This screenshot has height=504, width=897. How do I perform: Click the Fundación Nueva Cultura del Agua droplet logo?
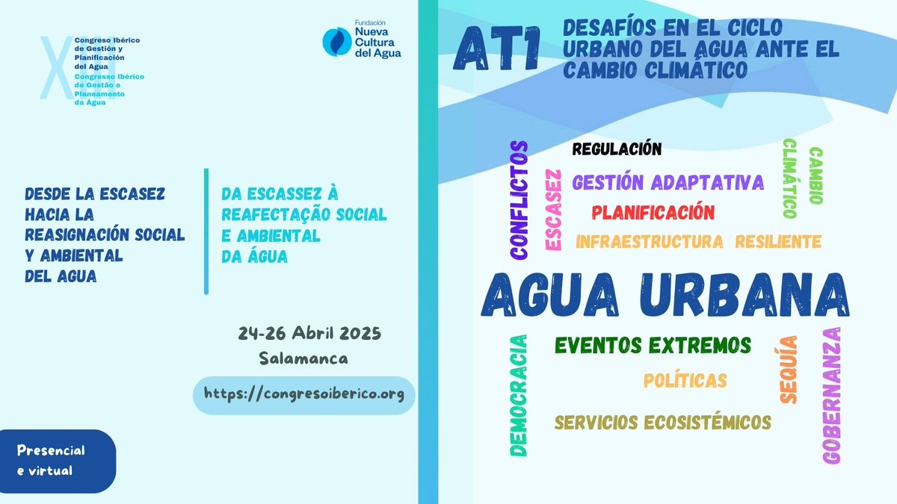pos(336,40)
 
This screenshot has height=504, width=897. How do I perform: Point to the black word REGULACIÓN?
pos(617,149)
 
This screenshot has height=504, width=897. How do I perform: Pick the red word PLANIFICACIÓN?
pos(653,212)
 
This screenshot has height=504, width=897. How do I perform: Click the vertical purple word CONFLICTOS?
pos(519,200)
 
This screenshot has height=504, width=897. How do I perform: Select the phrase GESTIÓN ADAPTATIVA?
pos(668,181)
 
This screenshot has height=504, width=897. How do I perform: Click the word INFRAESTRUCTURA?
pos(649,241)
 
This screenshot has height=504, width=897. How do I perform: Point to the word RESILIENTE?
pos(778,241)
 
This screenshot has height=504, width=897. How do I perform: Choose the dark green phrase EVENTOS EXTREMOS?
pos(653,345)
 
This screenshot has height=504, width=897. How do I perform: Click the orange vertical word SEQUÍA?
pos(789,370)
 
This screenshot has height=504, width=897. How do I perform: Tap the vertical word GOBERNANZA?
pos(830,396)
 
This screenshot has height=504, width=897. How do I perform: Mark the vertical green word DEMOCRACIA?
pos(518,395)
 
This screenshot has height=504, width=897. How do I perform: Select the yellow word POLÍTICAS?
pos(685,380)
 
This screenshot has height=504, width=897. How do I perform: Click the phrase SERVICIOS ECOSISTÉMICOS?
pos(662,422)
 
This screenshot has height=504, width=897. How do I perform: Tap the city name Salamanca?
pos(303,358)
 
